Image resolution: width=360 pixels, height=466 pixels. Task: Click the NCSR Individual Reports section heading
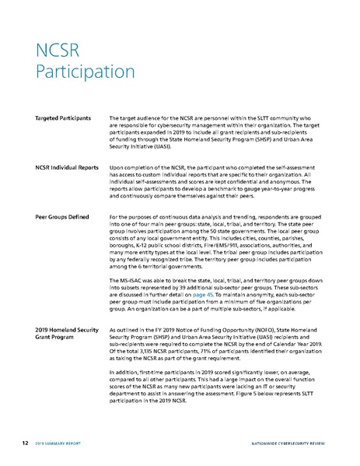(67, 166)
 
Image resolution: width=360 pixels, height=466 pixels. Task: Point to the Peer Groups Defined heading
(63, 215)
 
